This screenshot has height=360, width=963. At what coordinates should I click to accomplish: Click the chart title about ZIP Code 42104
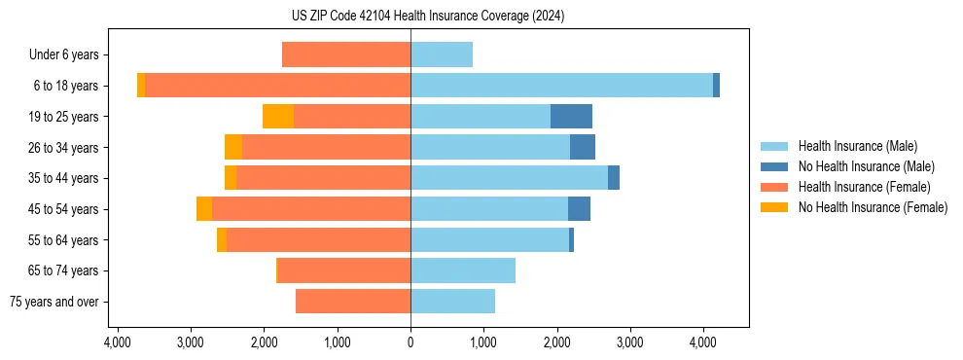click(x=481, y=17)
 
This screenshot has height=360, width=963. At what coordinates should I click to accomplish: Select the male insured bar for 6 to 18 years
click(x=561, y=86)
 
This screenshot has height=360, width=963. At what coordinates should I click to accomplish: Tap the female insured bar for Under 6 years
click(x=346, y=54)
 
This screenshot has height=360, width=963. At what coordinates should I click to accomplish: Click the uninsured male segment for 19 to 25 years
click(x=571, y=117)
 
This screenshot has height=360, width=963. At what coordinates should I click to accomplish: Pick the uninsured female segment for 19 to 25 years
click(x=278, y=117)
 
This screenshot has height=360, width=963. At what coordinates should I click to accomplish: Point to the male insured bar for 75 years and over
click(x=452, y=302)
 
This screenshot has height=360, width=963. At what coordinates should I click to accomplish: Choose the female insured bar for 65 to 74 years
click(x=344, y=270)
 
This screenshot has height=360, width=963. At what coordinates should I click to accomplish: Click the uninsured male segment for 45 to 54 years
click(x=579, y=209)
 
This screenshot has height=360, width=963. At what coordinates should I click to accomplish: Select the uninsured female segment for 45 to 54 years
click(x=204, y=209)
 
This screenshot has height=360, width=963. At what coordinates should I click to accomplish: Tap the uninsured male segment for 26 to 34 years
click(x=582, y=147)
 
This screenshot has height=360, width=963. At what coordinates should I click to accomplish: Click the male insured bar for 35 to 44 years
click(x=509, y=178)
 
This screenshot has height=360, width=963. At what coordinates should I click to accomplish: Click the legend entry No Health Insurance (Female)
click(x=873, y=207)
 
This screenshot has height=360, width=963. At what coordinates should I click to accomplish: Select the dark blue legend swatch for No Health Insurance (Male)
click(x=774, y=166)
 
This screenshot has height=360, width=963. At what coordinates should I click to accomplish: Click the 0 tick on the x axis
click(x=410, y=342)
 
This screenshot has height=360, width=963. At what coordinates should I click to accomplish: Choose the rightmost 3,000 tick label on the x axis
click(x=629, y=342)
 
